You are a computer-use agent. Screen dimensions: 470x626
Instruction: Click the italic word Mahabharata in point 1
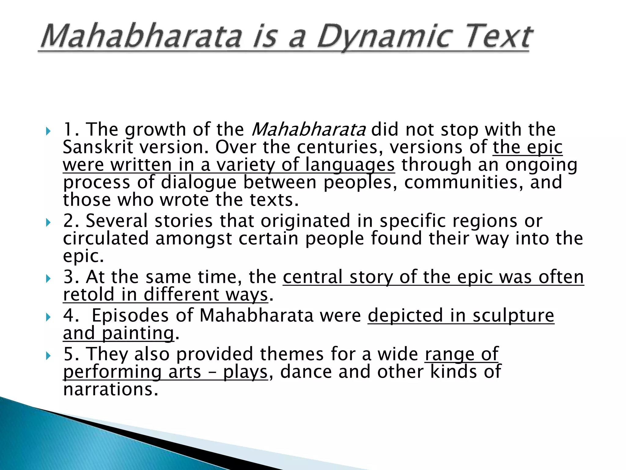click(308, 130)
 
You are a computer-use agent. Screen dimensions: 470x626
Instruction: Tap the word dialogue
click(199, 182)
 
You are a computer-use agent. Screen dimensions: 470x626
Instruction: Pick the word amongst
click(194, 239)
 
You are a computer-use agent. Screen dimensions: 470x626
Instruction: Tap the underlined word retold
click(89, 295)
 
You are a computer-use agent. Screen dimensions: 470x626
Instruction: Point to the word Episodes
click(130, 316)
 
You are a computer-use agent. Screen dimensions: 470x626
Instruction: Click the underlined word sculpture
click(513, 316)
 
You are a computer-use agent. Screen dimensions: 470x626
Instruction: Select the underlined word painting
click(138, 334)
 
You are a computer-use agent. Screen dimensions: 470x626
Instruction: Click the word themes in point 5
click(292, 354)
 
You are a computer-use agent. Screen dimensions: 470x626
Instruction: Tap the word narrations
click(111, 390)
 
